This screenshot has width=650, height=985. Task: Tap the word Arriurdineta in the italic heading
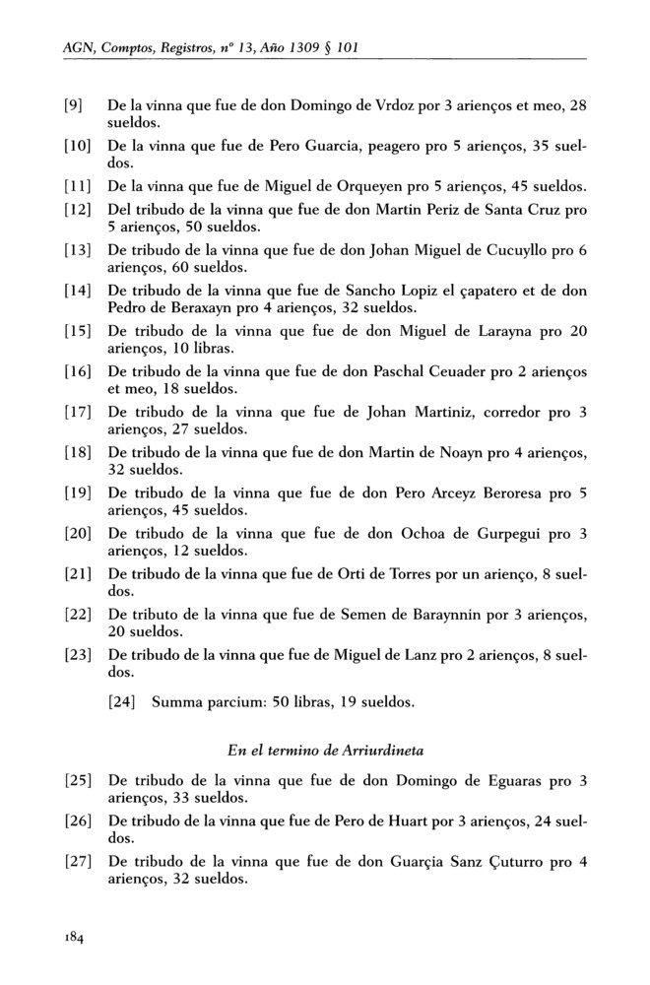pyautogui.click(x=367, y=751)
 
